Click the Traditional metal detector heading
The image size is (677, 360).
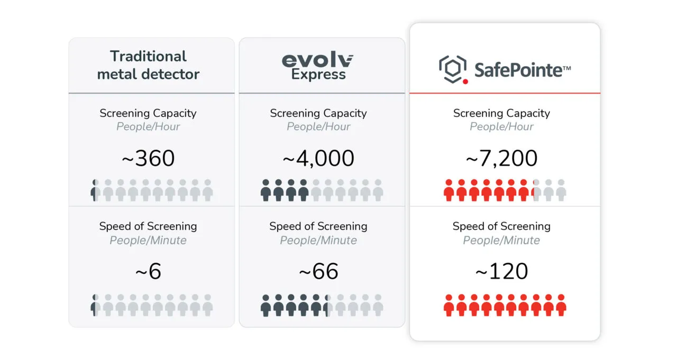148,65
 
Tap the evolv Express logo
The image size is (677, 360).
318,66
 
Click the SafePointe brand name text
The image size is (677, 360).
522,70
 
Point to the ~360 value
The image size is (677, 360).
148,159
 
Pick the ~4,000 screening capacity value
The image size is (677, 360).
318,159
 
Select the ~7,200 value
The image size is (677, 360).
501,159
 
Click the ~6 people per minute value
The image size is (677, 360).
148,272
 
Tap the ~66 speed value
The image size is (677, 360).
318,272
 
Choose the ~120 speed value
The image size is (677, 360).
501,272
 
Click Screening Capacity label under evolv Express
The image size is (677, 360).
318,113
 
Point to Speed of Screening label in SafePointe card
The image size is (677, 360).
501,226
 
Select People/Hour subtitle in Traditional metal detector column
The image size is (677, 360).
148,127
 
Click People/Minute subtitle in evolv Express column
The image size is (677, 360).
318,241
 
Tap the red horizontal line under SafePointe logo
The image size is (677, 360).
505,93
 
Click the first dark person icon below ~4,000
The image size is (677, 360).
266,190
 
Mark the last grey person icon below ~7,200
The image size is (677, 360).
561,190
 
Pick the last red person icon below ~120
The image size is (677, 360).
561,306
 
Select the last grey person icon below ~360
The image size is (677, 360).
207,190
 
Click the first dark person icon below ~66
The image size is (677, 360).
266,306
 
